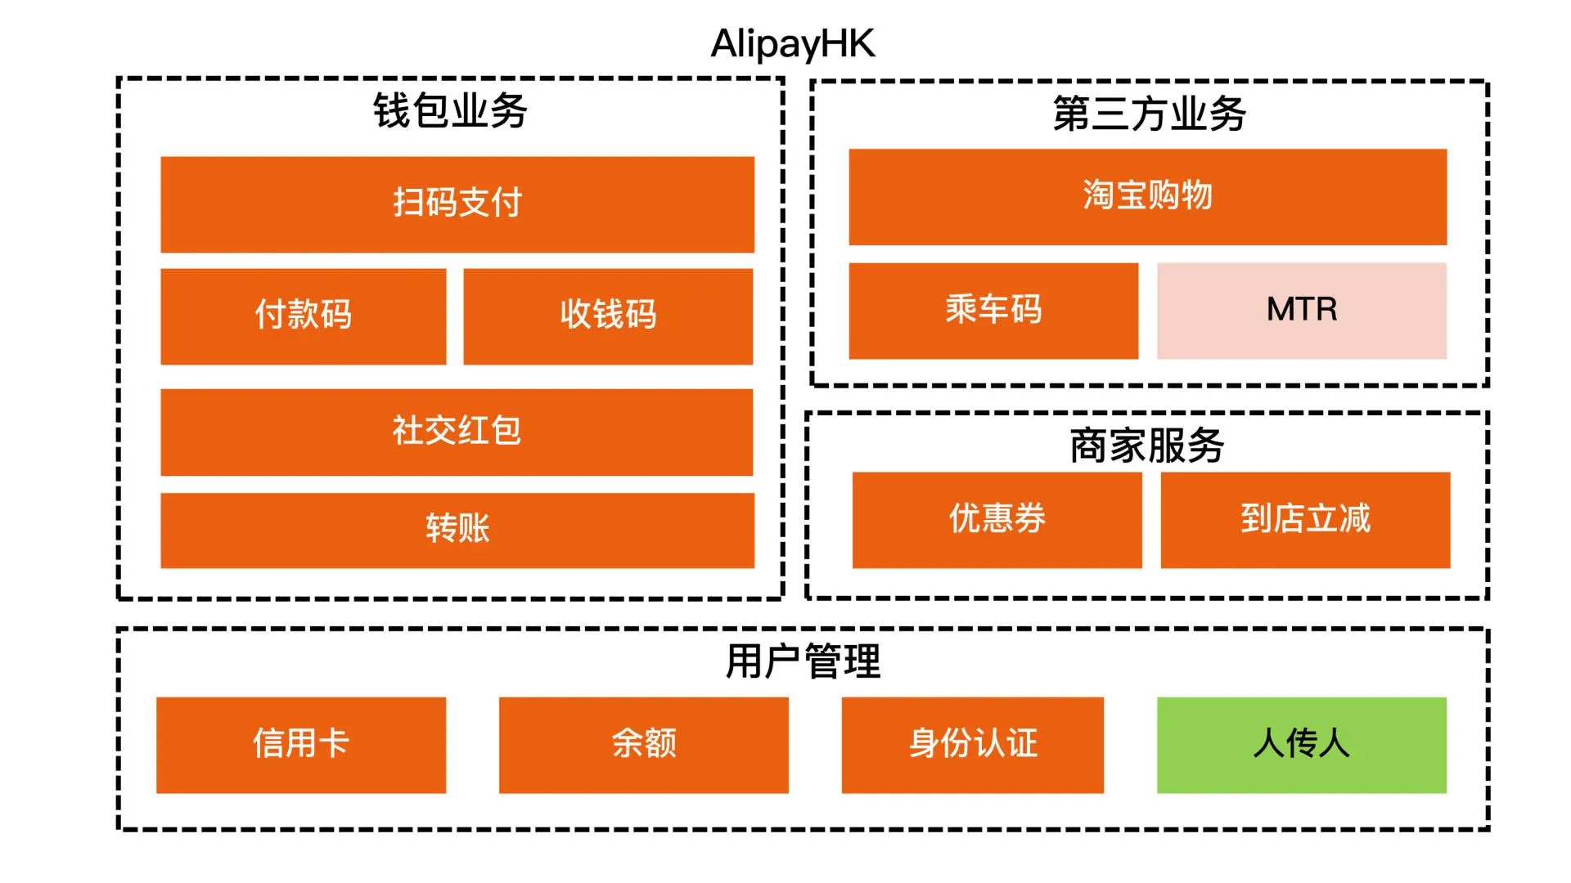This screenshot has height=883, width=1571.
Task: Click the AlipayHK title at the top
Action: point(792,43)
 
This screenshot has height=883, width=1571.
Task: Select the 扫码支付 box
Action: point(457,204)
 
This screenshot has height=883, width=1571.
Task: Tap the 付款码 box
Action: point(303,316)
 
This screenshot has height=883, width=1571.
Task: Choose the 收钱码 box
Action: point(607,316)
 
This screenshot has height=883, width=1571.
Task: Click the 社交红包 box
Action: point(457,432)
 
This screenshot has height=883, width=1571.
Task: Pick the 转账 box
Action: point(457,530)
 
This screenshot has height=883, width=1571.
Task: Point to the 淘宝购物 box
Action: point(1147,196)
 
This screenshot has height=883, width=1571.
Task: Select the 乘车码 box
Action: point(993,311)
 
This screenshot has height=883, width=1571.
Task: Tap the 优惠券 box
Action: point(997,519)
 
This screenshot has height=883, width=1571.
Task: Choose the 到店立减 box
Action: point(1305,519)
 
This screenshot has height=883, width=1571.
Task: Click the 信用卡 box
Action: point(300,745)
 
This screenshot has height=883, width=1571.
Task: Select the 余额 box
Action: point(643,745)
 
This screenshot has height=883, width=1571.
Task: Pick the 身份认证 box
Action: point(972,745)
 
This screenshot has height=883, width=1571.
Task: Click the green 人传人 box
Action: point(1301,745)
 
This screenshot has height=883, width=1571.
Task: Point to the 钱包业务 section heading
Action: point(450,110)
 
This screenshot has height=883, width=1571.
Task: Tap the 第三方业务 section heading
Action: point(1149,114)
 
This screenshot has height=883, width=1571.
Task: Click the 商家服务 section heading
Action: point(1146,446)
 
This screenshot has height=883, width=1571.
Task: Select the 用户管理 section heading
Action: point(803,661)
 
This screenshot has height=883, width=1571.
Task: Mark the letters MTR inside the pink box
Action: point(1301,309)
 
